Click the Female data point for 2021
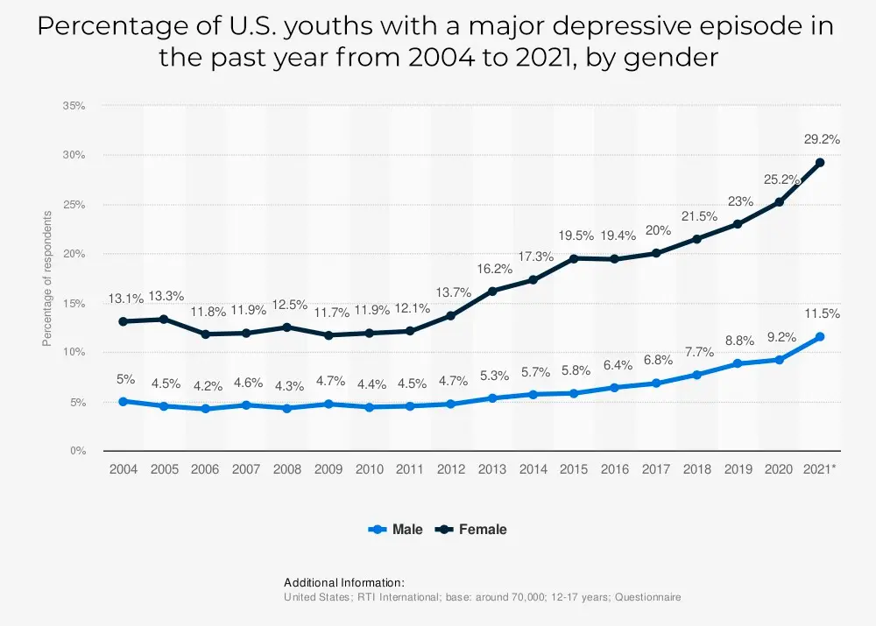point(820,162)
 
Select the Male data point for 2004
point(123,401)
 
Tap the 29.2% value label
point(821,138)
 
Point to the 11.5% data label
point(821,313)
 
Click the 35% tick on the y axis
point(74,106)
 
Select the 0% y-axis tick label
point(77,451)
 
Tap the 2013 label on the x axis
point(492,469)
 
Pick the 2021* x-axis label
point(820,469)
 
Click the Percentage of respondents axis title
point(48,278)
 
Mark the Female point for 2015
point(574,258)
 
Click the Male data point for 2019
point(738,363)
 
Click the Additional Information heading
point(344,582)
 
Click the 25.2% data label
point(781,179)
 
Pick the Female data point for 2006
point(205,334)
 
